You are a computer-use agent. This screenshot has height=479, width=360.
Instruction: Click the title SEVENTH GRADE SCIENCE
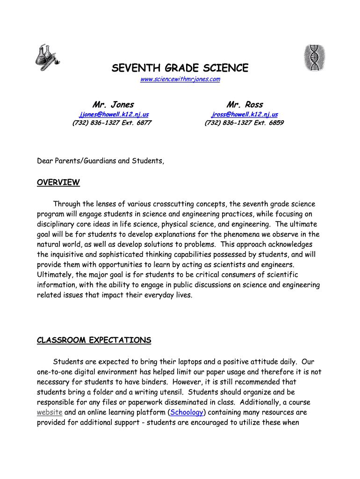click(x=180, y=68)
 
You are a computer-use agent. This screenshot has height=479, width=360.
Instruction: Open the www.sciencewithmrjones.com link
click(x=180, y=80)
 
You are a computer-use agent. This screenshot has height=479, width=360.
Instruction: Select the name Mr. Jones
click(x=113, y=104)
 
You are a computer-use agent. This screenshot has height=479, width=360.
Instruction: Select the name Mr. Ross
click(x=245, y=104)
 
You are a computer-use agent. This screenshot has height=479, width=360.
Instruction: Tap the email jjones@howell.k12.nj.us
click(x=114, y=114)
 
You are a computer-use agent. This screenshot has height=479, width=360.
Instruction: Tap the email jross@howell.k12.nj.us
click(x=245, y=114)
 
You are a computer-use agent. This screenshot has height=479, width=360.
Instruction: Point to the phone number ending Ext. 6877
click(x=112, y=123)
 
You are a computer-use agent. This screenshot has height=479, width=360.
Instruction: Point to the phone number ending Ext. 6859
click(x=244, y=123)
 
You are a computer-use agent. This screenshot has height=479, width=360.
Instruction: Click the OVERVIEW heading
click(x=58, y=182)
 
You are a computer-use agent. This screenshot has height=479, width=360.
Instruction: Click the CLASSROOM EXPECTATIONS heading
click(x=94, y=340)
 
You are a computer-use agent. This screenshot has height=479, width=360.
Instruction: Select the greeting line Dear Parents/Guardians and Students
click(x=101, y=161)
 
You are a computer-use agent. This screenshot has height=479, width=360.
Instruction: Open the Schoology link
click(x=187, y=413)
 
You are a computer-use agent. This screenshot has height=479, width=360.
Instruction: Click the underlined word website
click(x=50, y=413)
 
